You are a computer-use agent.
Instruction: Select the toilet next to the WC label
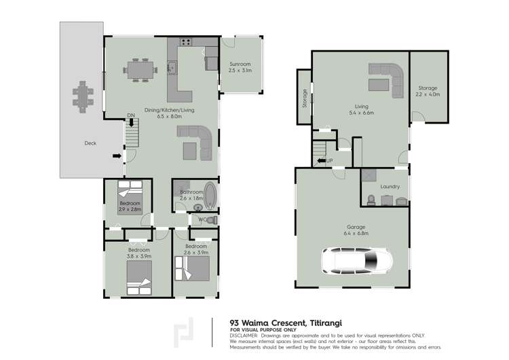(x=212, y=219)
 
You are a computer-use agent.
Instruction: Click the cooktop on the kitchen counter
(x=185, y=43)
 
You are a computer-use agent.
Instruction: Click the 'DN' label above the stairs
(x=130, y=116)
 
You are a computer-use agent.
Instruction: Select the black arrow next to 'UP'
(x=321, y=161)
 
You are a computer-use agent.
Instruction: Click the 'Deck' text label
(x=90, y=143)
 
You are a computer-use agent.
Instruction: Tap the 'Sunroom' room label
(x=240, y=65)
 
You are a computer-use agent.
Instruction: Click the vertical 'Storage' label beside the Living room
(x=305, y=100)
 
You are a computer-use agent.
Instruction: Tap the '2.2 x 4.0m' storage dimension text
(x=428, y=94)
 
